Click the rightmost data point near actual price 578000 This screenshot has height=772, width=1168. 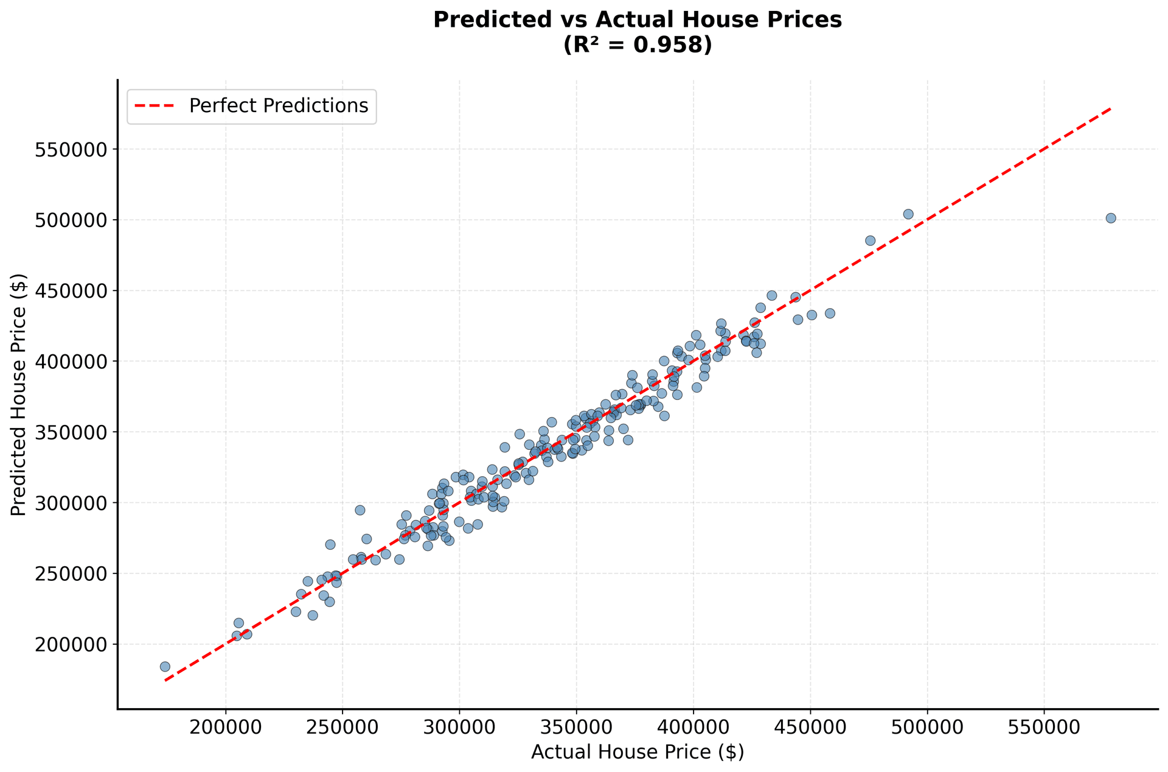pyautogui.click(x=1110, y=218)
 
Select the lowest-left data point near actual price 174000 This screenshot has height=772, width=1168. pyautogui.click(x=165, y=667)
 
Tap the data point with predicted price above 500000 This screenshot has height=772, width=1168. pyautogui.click(x=908, y=214)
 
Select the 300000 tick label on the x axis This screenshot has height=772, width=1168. pyautogui.click(x=459, y=728)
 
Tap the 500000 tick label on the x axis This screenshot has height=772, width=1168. pyautogui.click(x=928, y=728)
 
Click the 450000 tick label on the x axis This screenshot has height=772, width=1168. pyautogui.click(x=810, y=728)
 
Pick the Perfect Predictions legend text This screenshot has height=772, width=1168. pyautogui.click(x=279, y=106)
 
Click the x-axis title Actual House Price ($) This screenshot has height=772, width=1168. pyautogui.click(x=637, y=753)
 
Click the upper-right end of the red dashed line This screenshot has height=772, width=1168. pyautogui.click(x=1110, y=109)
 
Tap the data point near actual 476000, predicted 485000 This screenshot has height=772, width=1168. pyautogui.click(x=870, y=240)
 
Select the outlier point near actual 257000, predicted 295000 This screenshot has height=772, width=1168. pyautogui.click(x=360, y=510)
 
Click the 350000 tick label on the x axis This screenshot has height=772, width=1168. pyautogui.click(x=576, y=728)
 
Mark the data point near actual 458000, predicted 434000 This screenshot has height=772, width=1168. pyautogui.click(x=829, y=314)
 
